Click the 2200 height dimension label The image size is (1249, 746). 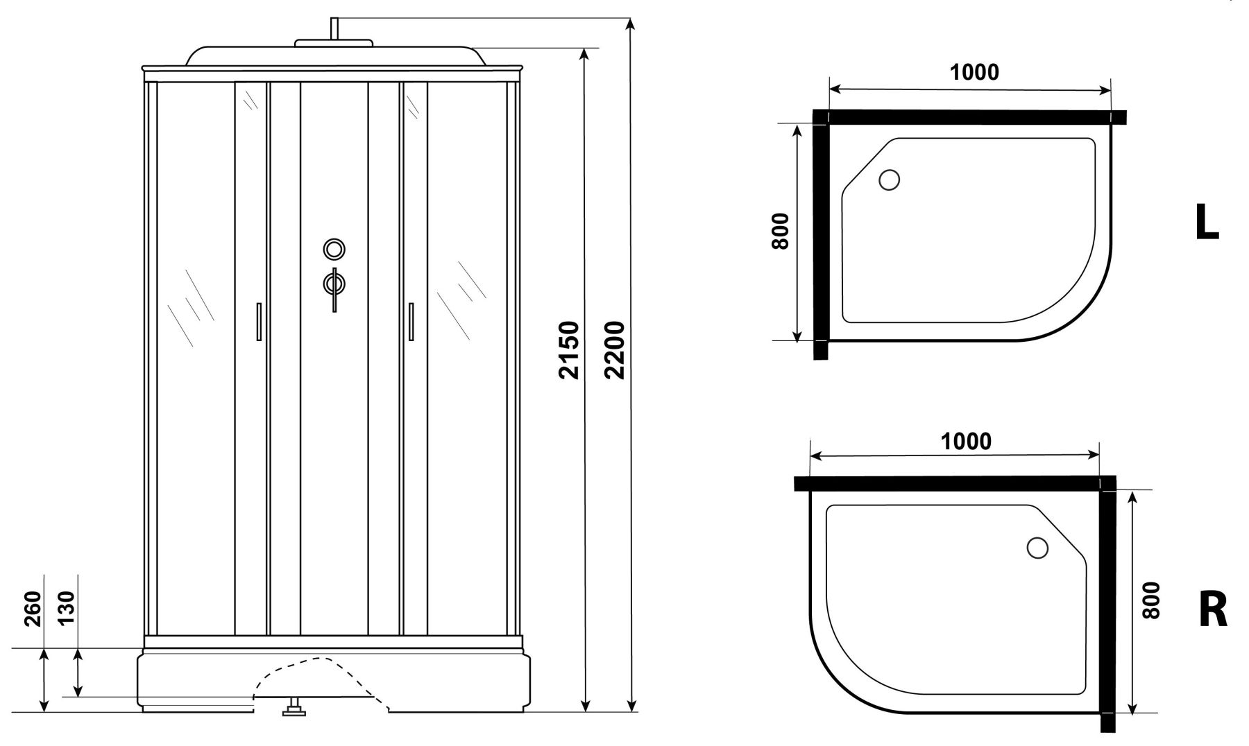614,349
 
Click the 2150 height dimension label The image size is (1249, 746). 569,349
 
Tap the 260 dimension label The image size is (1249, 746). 33,608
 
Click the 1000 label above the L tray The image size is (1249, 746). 974,71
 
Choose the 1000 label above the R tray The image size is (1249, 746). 966,441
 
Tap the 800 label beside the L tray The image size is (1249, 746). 780,231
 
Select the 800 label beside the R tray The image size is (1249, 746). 1150,600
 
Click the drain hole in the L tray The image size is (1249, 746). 889,180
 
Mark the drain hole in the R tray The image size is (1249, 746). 1037,548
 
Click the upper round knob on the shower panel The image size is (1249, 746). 334,248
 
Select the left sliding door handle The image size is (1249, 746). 258,322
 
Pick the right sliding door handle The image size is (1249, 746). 411,322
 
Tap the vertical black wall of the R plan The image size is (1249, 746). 1107,610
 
